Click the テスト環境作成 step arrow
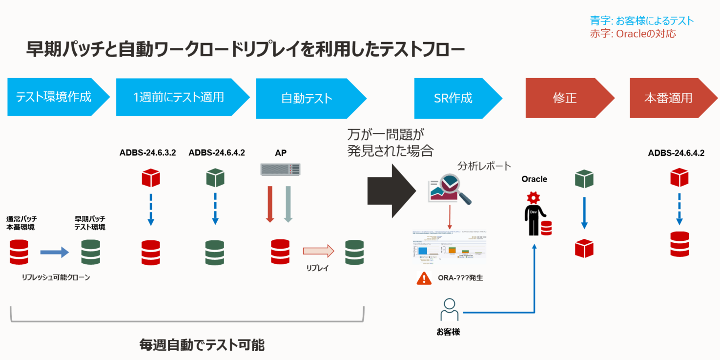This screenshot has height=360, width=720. pos(54,97)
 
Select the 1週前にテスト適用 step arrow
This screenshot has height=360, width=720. pos(179,97)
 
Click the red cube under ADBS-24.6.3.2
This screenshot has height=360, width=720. pos(151,178)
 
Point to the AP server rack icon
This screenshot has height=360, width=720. pos(280,169)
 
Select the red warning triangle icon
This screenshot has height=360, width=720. pos(424,278)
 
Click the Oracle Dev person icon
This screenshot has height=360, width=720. pos(535,215)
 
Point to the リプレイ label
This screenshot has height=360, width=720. pos(317,268)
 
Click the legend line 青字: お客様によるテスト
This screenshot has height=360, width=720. pos(641,21)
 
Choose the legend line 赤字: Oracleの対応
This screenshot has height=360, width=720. pos(633,34)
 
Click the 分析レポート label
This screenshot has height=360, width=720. pos(484,166)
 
